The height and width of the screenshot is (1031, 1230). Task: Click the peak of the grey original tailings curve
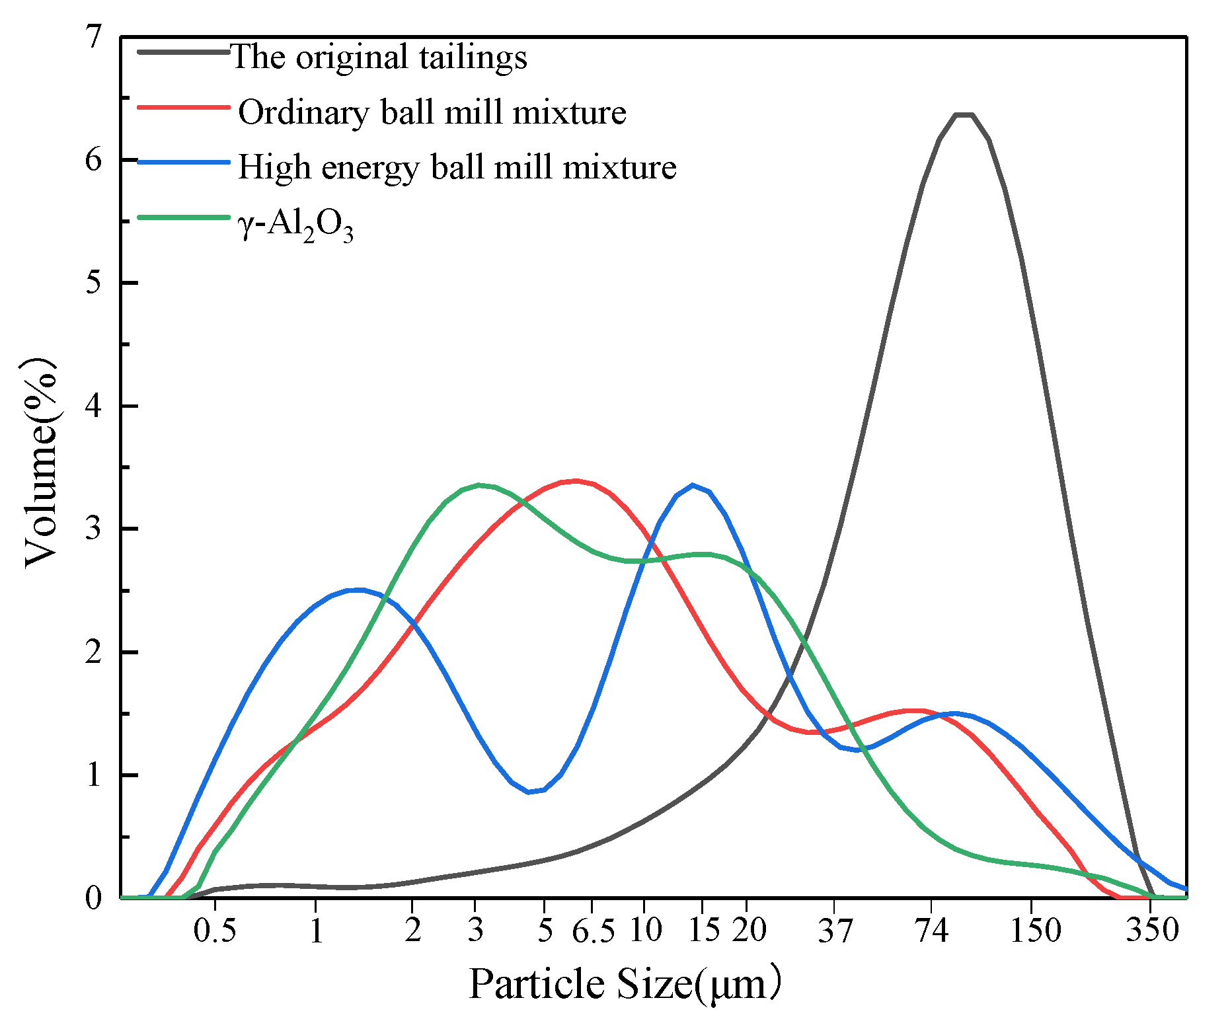pos(964,115)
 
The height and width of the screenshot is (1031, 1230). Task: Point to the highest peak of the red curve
pos(576,481)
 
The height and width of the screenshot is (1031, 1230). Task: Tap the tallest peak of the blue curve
pos(692,485)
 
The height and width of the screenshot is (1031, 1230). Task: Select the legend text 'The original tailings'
pos(379,57)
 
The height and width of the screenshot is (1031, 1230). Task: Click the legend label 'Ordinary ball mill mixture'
pos(432,112)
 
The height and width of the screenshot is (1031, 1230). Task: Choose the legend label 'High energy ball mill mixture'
pos(457,167)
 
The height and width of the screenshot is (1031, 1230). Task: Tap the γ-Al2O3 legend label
pos(295,226)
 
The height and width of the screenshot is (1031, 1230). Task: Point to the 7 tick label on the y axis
pos(95,37)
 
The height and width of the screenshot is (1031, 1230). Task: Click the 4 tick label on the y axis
pos(95,406)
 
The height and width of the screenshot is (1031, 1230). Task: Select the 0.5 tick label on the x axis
pos(215,931)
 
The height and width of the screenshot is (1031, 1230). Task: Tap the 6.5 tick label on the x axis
pos(592,931)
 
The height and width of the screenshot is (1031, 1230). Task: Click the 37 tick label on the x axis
pos(835,931)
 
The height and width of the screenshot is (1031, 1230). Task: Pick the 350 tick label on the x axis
pos(1153,931)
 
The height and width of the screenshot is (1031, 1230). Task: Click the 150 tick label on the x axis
pos(1035,931)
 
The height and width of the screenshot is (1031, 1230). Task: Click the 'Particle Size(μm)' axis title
pos(625,984)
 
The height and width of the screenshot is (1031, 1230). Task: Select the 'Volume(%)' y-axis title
pos(41,463)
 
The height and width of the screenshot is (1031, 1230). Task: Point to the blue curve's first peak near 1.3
pos(357,590)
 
